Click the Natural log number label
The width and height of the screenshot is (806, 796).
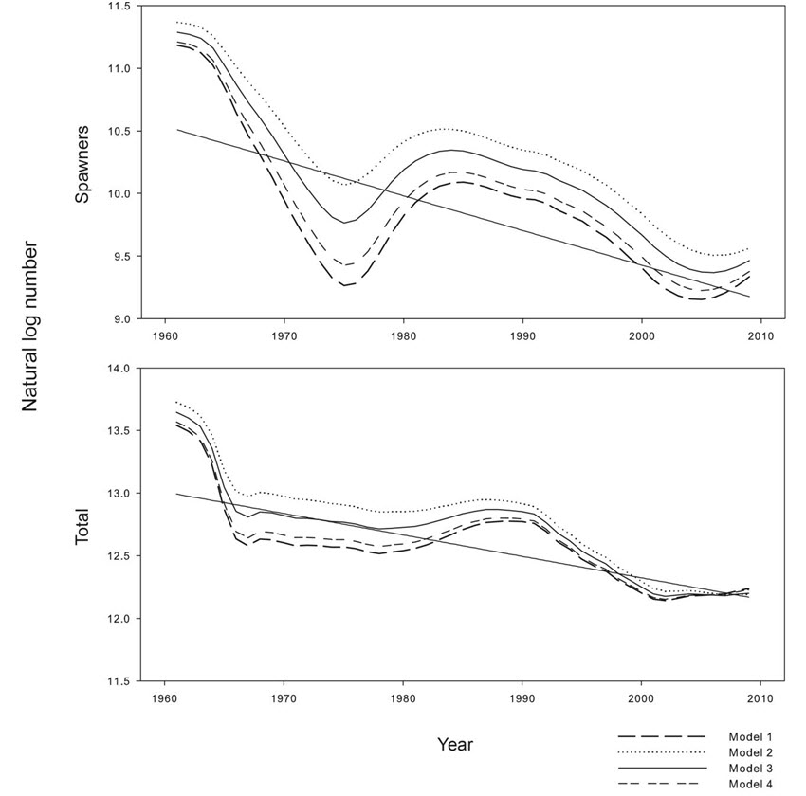[x=30, y=325]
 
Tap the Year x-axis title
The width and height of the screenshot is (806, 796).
[x=454, y=744]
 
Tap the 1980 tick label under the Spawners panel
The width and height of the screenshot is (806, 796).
[x=403, y=335]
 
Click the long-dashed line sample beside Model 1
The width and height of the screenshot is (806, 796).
[x=662, y=736]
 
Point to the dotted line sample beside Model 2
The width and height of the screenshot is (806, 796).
[x=662, y=751]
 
